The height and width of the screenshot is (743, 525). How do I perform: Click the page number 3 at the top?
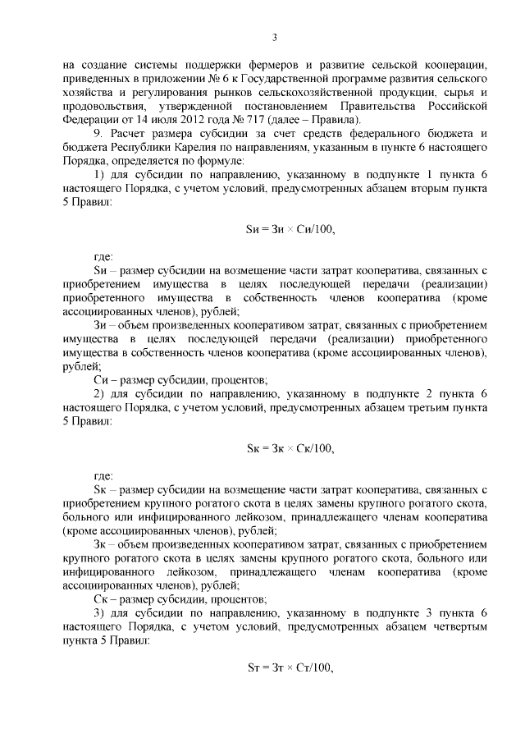click(x=275, y=36)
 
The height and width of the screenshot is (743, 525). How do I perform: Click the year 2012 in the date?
click(x=180, y=122)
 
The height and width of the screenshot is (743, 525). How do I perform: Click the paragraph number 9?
click(x=97, y=136)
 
